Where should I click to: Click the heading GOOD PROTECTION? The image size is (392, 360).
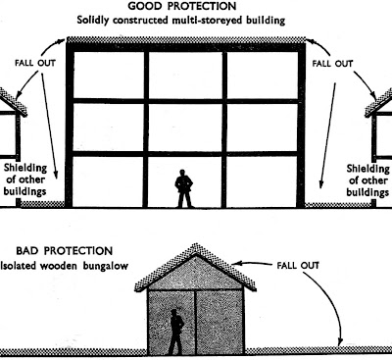[182, 6]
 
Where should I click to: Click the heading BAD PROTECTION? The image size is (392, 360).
[65, 251]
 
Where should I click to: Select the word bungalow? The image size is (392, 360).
[105, 266]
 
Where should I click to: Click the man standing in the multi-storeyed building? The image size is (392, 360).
[184, 188]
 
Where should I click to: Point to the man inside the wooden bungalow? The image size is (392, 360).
[176, 332]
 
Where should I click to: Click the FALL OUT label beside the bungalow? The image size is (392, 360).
[298, 265]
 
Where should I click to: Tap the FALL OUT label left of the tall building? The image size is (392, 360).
[35, 63]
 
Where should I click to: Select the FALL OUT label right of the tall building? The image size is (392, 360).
[332, 63]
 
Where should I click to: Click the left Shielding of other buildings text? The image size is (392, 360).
[25, 180]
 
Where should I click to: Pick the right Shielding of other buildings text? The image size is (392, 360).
[368, 180]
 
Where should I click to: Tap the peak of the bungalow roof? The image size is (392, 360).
[196, 244]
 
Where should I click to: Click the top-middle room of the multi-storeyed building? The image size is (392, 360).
[185, 75]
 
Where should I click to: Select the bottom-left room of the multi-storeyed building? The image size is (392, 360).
[108, 181]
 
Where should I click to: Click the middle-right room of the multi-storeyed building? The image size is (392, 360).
[262, 128]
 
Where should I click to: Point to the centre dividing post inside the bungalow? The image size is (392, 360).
[195, 322]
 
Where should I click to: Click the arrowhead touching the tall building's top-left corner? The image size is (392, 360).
[63, 41]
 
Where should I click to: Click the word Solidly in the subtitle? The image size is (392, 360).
[93, 21]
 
